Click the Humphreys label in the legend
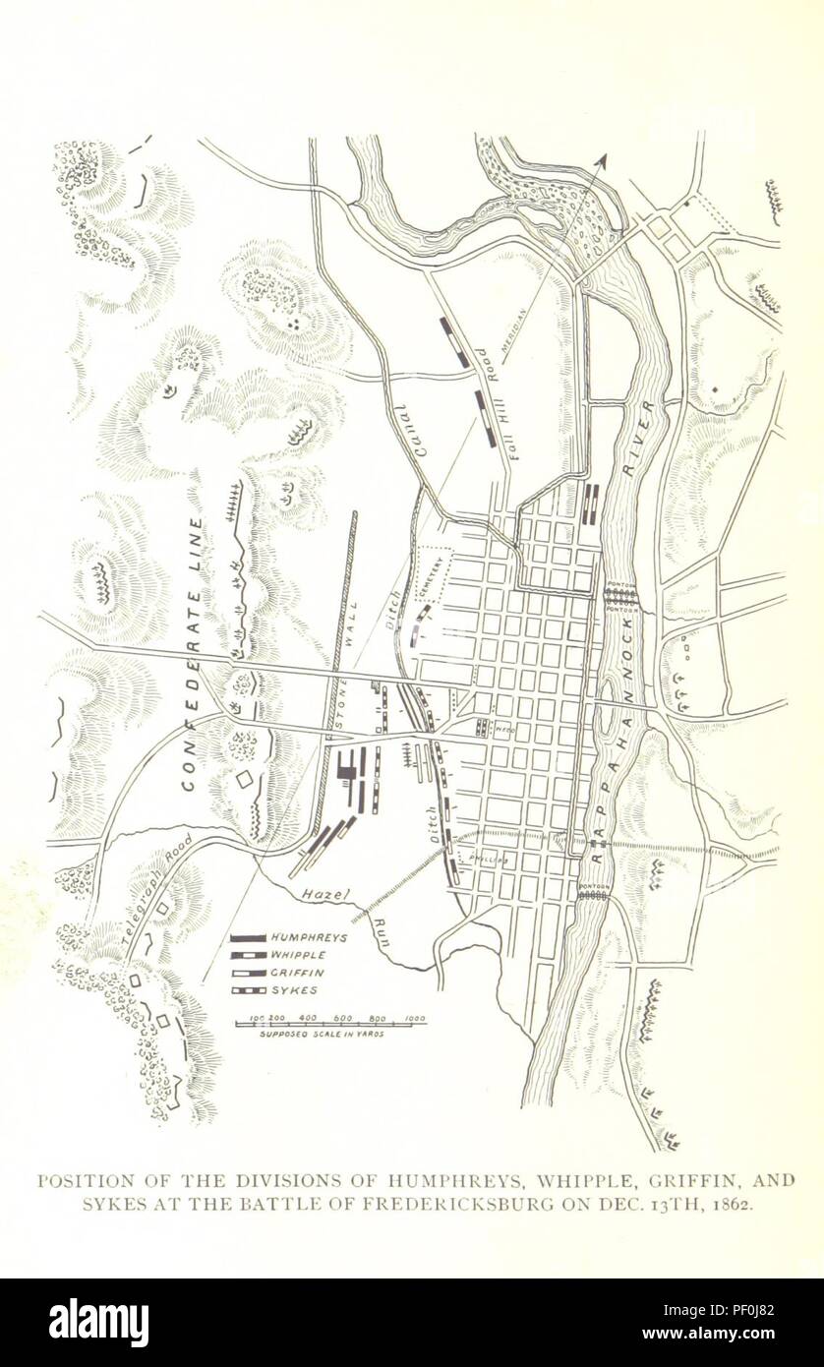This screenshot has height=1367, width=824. pos(306,938)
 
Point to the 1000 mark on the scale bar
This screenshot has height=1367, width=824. pos(414,1018)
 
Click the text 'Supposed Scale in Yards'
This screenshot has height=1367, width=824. pos(321,1035)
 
